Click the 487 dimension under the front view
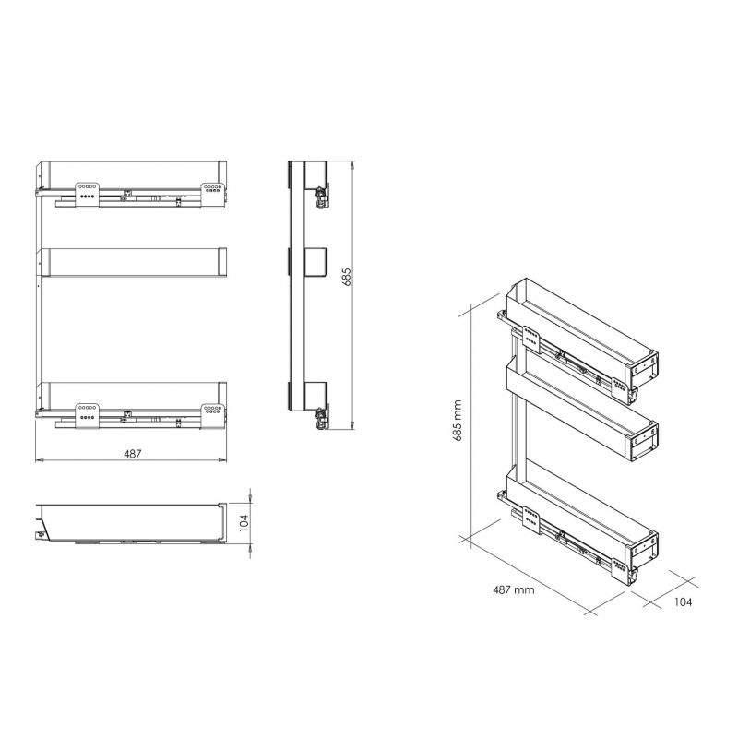coord(132,454)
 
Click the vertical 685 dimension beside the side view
coord(347,278)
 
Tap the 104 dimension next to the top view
coord(244,523)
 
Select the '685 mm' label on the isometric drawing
coord(457,421)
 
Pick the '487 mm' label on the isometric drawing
coord(514,589)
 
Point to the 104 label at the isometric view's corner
coord(683,601)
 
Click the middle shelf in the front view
coord(132,262)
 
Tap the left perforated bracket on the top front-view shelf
coord(87,195)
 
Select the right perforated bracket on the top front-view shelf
coord(212,195)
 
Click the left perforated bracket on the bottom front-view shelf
coord(87,416)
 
